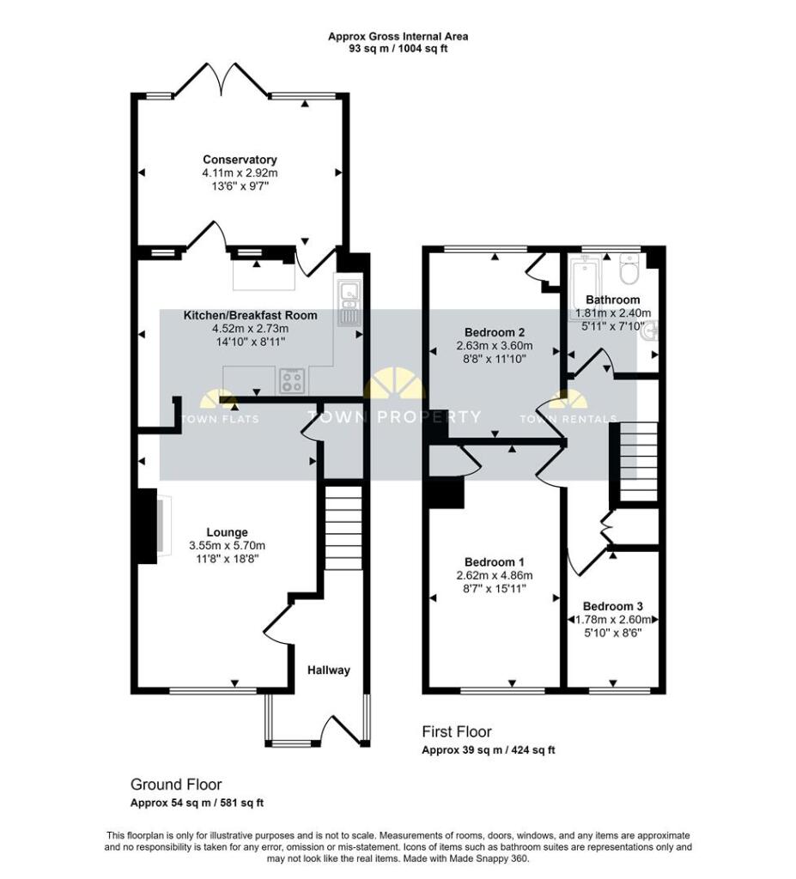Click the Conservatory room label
[240, 160]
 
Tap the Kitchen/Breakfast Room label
[250, 316]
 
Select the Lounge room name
[227, 532]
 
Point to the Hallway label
[330, 670]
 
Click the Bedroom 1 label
[494, 563]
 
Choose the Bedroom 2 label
[494, 332]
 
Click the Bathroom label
[613, 300]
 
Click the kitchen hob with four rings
[290, 379]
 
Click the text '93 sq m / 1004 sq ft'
[398, 49]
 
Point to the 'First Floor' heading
[456, 732]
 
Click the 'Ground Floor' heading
[176, 785]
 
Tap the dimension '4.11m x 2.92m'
[240, 173]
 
